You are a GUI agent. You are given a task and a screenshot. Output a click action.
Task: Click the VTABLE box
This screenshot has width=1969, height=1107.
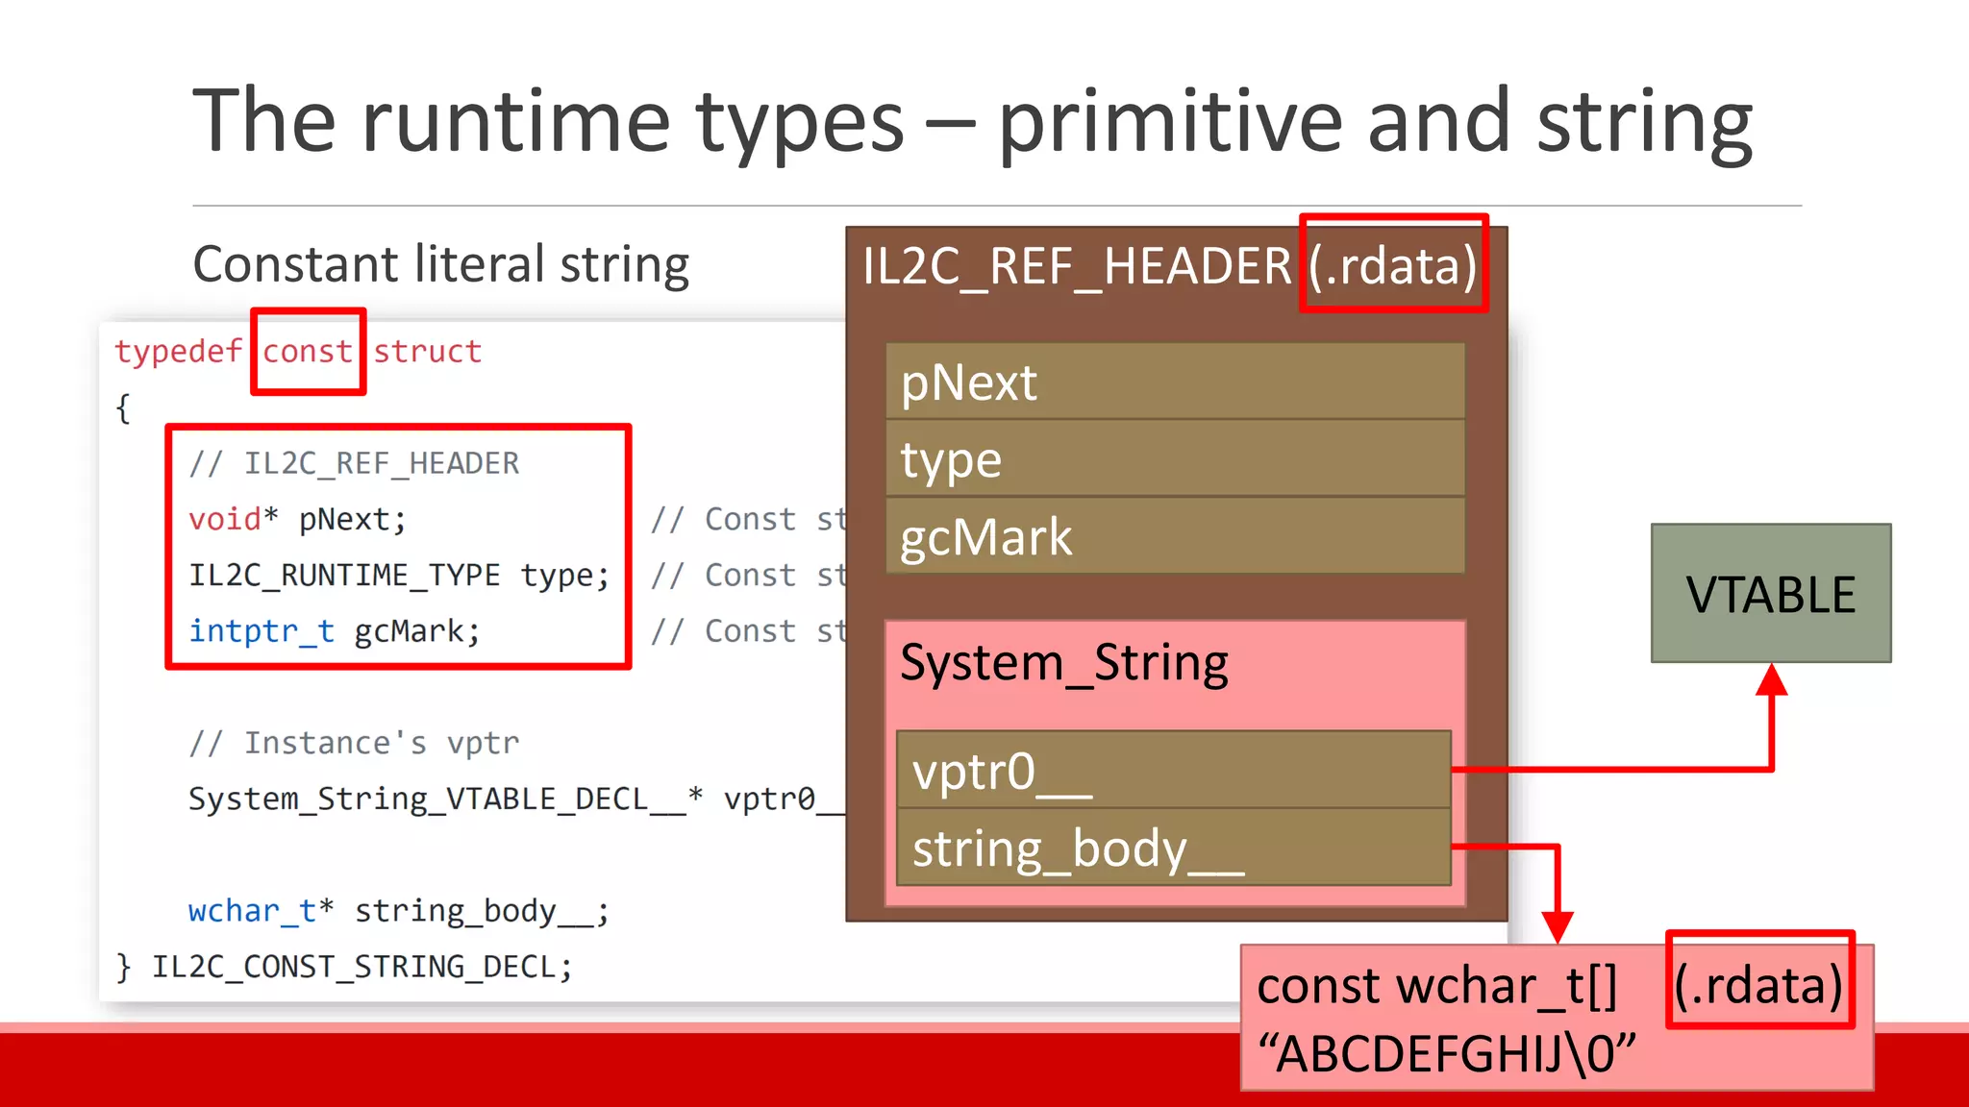tap(1770, 593)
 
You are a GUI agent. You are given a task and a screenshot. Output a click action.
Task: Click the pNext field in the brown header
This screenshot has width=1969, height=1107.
tap(1174, 381)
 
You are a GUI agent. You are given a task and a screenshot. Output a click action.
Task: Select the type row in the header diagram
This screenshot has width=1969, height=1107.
tap(1174, 458)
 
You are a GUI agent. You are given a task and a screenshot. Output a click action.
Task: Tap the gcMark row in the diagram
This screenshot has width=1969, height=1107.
tap(1174, 536)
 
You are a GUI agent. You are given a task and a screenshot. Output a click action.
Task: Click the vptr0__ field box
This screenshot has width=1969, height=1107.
tap(1173, 770)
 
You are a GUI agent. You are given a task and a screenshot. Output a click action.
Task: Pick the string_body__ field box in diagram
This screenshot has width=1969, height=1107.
tap(1173, 848)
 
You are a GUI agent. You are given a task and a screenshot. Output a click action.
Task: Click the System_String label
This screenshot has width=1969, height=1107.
tap(1063, 663)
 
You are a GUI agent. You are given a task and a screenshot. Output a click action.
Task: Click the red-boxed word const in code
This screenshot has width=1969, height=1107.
tap(308, 352)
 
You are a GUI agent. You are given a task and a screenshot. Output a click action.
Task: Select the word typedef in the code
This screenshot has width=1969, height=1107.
tap(178, 352)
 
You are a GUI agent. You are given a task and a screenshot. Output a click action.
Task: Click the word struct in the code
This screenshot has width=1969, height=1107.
tap(427, 352)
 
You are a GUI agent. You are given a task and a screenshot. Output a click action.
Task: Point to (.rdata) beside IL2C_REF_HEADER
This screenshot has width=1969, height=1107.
tap(1392, 265)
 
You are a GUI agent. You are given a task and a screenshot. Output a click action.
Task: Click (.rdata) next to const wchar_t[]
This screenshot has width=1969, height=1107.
tap(1758, 984)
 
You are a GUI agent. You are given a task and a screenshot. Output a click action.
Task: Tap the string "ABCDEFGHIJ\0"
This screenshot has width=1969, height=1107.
tap(1447, 1054)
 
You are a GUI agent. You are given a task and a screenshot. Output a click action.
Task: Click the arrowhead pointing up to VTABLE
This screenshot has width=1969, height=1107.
tap(1771, 679)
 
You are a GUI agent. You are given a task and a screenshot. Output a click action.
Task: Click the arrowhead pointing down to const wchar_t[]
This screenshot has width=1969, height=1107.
tap(1557, 926)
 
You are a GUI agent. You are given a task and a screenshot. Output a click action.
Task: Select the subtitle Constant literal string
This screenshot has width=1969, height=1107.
tap(440, 264)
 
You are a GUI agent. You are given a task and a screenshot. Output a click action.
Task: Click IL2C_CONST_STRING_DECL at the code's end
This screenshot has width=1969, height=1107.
tap(361, 967)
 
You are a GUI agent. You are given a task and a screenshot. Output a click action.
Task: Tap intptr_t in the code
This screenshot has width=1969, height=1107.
tap(262, 631)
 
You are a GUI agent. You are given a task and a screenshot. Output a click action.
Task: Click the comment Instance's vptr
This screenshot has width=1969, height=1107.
tap(354, 743)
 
